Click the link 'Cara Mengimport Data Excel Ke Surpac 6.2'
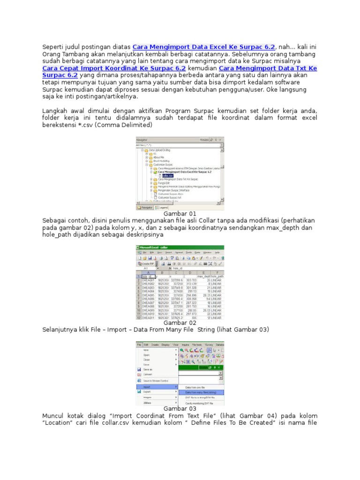pos(204,47)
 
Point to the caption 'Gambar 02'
pos(179,323)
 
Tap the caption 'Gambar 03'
pos(179,408)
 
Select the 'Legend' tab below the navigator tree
pos(162,207)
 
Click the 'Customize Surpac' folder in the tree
pos(164,165)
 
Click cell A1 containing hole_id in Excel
pos(149,277)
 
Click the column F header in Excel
pos(217,272)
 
